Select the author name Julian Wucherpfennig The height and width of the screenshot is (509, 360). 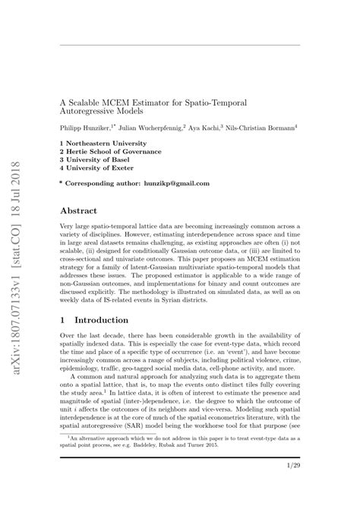(x=150, y=127)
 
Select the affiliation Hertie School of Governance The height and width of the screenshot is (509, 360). (x=111, y=152)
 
